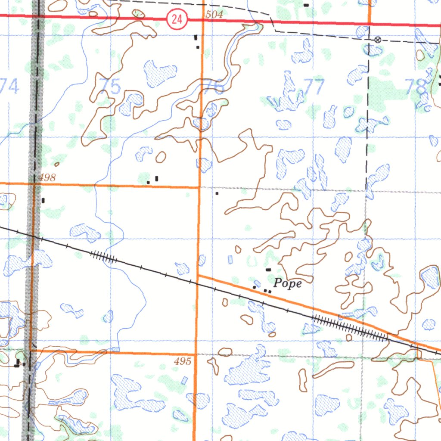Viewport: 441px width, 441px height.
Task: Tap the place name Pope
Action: (288, 283)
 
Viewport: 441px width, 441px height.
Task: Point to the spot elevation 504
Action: (214, 15)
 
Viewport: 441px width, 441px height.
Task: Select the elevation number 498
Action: (47, 177)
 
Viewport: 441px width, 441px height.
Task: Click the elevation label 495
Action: (183, 362)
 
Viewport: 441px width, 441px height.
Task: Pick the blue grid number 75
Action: (110, 87)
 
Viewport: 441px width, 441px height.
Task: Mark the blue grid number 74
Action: (9, 86)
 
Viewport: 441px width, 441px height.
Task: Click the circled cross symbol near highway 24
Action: (378, 40)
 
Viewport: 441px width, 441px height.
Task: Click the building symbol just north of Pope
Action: (268, 270)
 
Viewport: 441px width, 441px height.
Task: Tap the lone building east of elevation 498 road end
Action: (217, 194)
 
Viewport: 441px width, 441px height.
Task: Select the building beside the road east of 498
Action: (43, 200)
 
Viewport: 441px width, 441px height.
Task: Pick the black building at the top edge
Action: (306, 5)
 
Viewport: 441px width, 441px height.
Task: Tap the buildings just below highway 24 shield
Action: (196, 41)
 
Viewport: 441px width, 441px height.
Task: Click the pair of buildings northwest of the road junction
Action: (153, 180)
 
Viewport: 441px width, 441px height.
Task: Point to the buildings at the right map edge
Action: (440, 80)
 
